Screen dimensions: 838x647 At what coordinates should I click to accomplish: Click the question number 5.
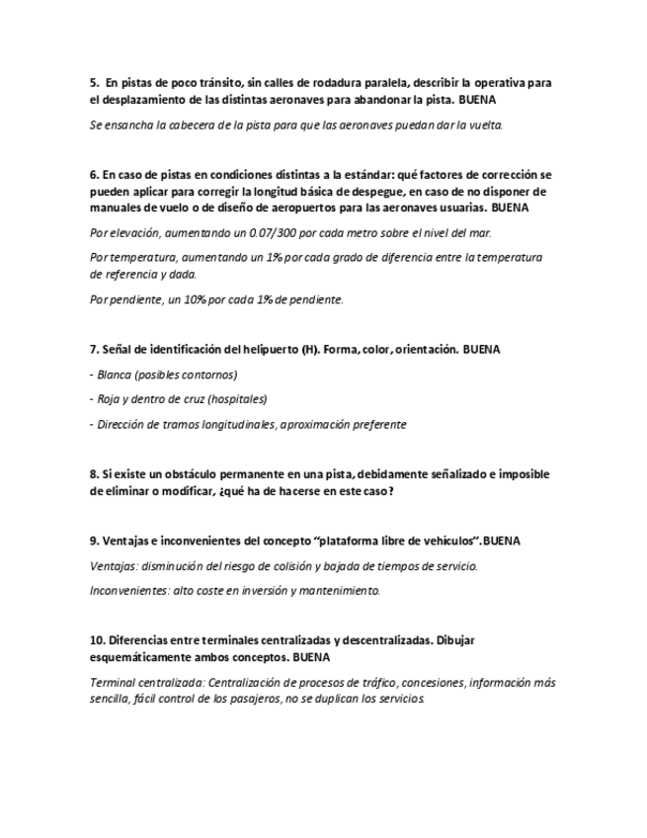tap(94, 83)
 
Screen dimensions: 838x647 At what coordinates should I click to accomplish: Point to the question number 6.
tap(94, 174)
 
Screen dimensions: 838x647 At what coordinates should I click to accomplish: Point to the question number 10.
tap(97, 640)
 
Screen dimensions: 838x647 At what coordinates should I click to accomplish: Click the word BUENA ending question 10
tap(311, 657)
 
